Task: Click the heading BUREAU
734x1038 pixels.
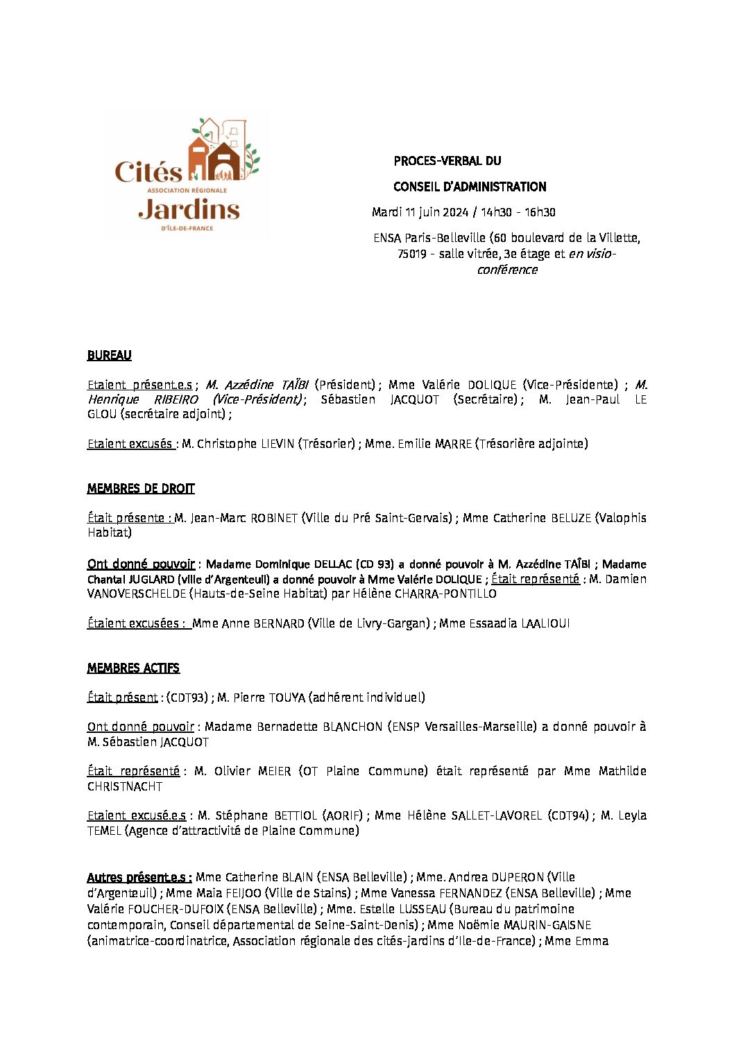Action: pos(109,355)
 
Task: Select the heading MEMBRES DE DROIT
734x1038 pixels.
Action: pos(141,489)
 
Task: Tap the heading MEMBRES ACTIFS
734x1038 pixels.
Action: pos(133,668)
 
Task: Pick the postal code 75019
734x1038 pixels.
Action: pos(412,254)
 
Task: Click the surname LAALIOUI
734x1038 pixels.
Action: pos(545,623)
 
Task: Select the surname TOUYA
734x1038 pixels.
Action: pos(286,698)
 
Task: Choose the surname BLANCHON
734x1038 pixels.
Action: pos(352,727)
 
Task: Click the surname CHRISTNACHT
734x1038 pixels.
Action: pos(125,786)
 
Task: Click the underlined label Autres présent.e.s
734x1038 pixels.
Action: pos(139,877)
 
